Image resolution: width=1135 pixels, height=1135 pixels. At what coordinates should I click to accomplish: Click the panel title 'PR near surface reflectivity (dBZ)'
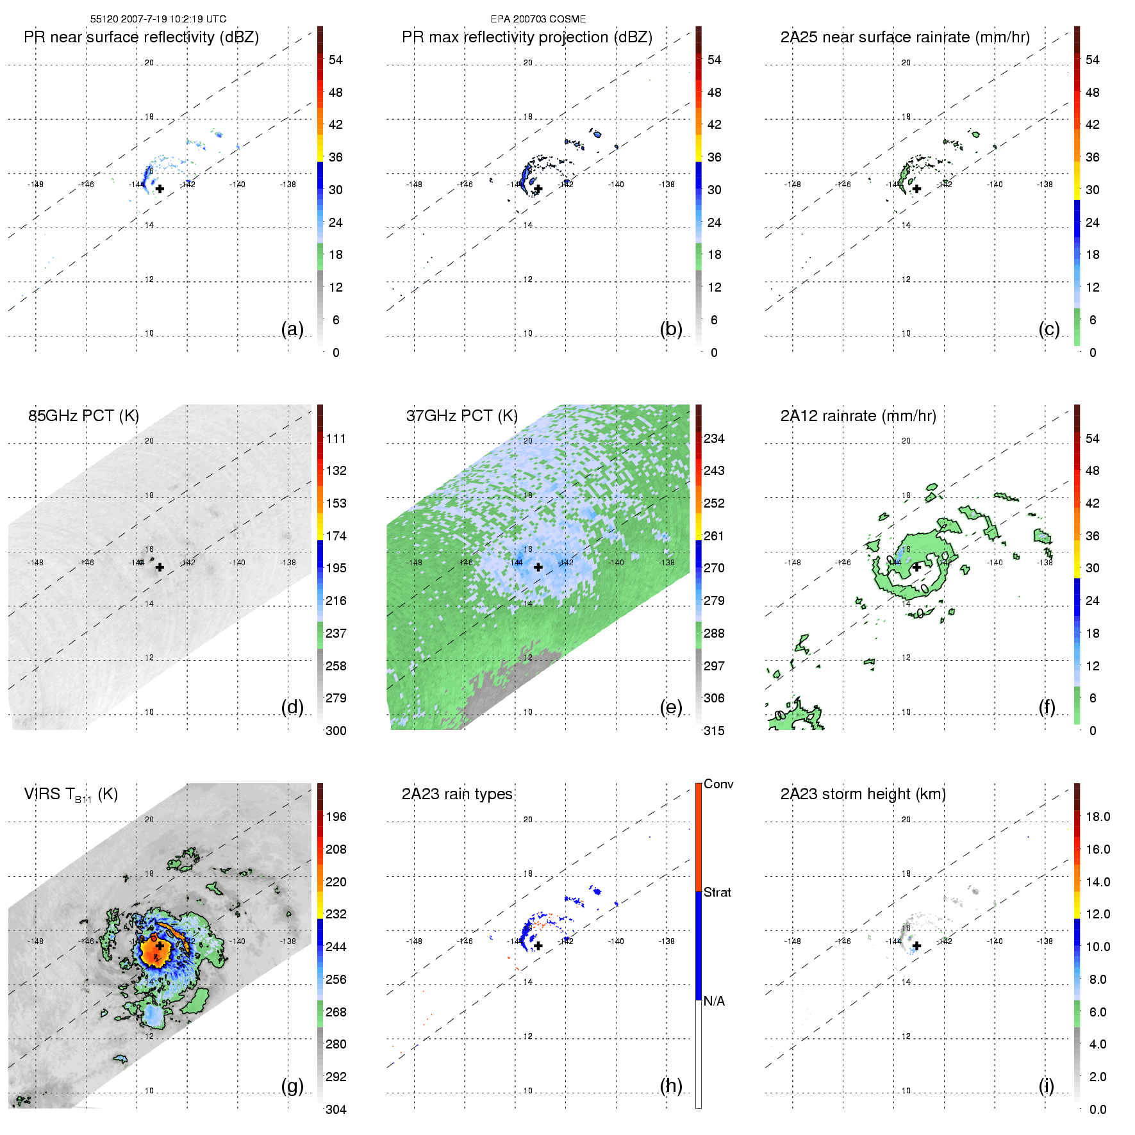tap(141, 37)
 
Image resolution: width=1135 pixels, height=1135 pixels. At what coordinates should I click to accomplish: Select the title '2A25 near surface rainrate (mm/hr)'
tap(905, 37)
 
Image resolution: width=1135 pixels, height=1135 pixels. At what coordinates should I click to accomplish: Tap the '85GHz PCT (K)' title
tap(83, 416)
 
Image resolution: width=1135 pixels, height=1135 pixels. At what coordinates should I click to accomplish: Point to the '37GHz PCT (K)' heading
tap(461, 416)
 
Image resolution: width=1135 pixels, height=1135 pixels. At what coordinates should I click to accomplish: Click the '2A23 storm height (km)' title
tap(863, 794)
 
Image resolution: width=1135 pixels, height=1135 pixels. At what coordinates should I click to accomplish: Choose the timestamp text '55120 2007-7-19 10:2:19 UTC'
tap(158, 19)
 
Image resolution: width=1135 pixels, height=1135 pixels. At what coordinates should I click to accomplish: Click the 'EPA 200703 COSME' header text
tap(538, 19)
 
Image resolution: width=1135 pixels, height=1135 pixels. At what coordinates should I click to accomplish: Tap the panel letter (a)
tap(292, 329)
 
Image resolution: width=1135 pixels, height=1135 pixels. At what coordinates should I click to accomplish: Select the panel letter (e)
tap(670, 707)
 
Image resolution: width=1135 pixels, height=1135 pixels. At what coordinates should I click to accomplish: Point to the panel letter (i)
tap(1046, 1086)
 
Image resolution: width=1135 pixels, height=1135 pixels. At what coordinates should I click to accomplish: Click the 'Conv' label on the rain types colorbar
tap(718, 784)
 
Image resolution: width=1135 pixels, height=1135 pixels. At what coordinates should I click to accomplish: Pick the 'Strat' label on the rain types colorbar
tap(717, 892)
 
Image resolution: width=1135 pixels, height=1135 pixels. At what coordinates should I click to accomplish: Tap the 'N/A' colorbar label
tap(714, 1001)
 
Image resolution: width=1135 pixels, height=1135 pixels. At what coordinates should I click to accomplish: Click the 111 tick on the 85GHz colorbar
tap(336, 439)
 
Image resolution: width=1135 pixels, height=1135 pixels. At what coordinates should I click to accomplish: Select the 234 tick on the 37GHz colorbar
tap(714, 439)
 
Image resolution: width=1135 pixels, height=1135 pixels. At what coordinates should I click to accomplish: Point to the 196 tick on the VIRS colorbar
tap(336, 817)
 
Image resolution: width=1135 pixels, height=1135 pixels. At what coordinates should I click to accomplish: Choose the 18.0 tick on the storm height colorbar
tap(1098, 817)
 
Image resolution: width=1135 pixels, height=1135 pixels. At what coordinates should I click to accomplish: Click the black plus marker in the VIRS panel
tap(159, 946)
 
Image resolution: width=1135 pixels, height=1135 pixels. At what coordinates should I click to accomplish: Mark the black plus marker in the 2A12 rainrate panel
tap(916, 567)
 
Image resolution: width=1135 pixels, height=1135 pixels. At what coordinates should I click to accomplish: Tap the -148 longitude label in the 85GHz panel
tap(35, 563)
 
